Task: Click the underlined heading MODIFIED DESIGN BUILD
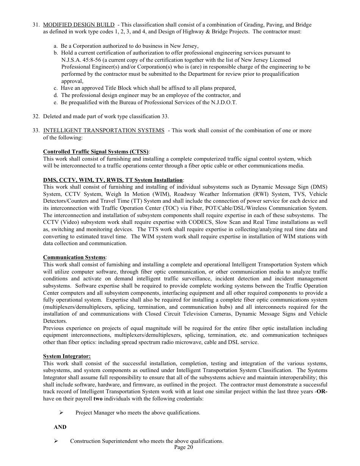79,25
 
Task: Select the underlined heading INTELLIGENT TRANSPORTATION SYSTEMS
104,131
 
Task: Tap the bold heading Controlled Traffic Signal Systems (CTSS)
96,152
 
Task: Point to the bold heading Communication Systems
74,258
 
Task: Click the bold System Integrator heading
67,357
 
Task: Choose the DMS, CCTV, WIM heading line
113,180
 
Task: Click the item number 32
36,116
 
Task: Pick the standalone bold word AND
60,427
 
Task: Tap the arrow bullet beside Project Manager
61,413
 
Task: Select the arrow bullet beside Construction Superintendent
56,441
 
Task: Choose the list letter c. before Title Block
56,88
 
